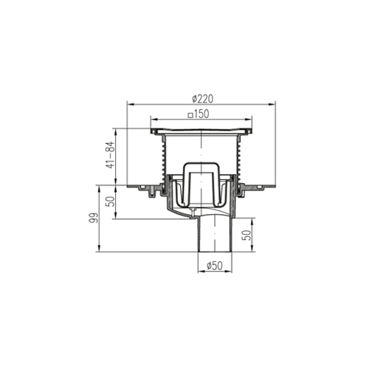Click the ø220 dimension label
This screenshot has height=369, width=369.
click(x=202, y=99)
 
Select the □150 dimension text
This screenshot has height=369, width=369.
click(x=199, y=114)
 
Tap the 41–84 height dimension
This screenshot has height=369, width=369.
click(x=111, y=155)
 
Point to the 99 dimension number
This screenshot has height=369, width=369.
click(x=94, y=218)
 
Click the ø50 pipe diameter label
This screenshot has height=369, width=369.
click(x=215, y=266)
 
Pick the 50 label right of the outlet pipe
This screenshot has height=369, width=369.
click(x=246, y=235)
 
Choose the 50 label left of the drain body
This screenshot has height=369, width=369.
click(x=111, y=201)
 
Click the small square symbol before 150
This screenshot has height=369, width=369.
click(x=190, y=115)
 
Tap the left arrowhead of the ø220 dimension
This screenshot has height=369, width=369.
click(x=130, y=105)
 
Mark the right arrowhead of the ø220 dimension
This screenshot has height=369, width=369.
click(x=272, y=105)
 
